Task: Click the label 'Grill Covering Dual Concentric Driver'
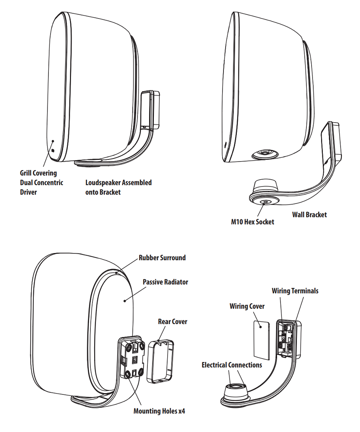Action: [41, 182]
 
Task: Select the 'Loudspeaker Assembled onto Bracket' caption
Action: [118, 187]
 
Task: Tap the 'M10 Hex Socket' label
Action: [252, 222]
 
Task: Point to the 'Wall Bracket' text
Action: [309, 214]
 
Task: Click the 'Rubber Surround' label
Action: [162, 258]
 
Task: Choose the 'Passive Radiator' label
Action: [166, 282]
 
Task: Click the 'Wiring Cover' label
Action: [247, 306]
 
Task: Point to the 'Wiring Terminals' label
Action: [295, 291]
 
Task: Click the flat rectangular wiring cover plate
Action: [261, 340]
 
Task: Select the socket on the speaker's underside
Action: [264, 153]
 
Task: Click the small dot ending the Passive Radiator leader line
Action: [125, 301]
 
